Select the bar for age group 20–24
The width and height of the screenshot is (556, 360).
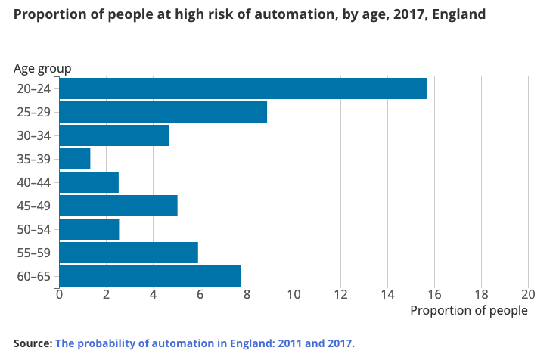242,88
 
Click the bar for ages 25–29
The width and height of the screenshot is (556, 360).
163,112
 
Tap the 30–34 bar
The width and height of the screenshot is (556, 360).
113,135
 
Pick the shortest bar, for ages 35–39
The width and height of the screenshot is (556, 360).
75,159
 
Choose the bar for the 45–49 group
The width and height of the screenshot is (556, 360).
118,206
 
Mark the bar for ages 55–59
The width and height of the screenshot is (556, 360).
129,253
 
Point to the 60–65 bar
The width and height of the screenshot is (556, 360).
150,276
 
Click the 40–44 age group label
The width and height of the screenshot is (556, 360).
33,182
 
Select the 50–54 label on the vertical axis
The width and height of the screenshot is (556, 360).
33,229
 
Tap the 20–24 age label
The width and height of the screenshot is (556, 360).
33,88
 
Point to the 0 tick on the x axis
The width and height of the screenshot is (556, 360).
59,294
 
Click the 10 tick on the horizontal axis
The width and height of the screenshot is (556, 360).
294,294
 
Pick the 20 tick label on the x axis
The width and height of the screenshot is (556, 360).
528,294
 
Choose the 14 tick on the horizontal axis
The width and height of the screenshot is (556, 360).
387,294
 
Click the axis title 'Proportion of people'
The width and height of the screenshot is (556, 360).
468,310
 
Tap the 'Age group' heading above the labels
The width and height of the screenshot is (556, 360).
42,68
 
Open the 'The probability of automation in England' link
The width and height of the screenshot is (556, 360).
204,343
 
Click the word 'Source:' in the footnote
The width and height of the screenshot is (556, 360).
33,343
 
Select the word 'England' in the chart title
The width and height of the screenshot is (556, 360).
459,14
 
